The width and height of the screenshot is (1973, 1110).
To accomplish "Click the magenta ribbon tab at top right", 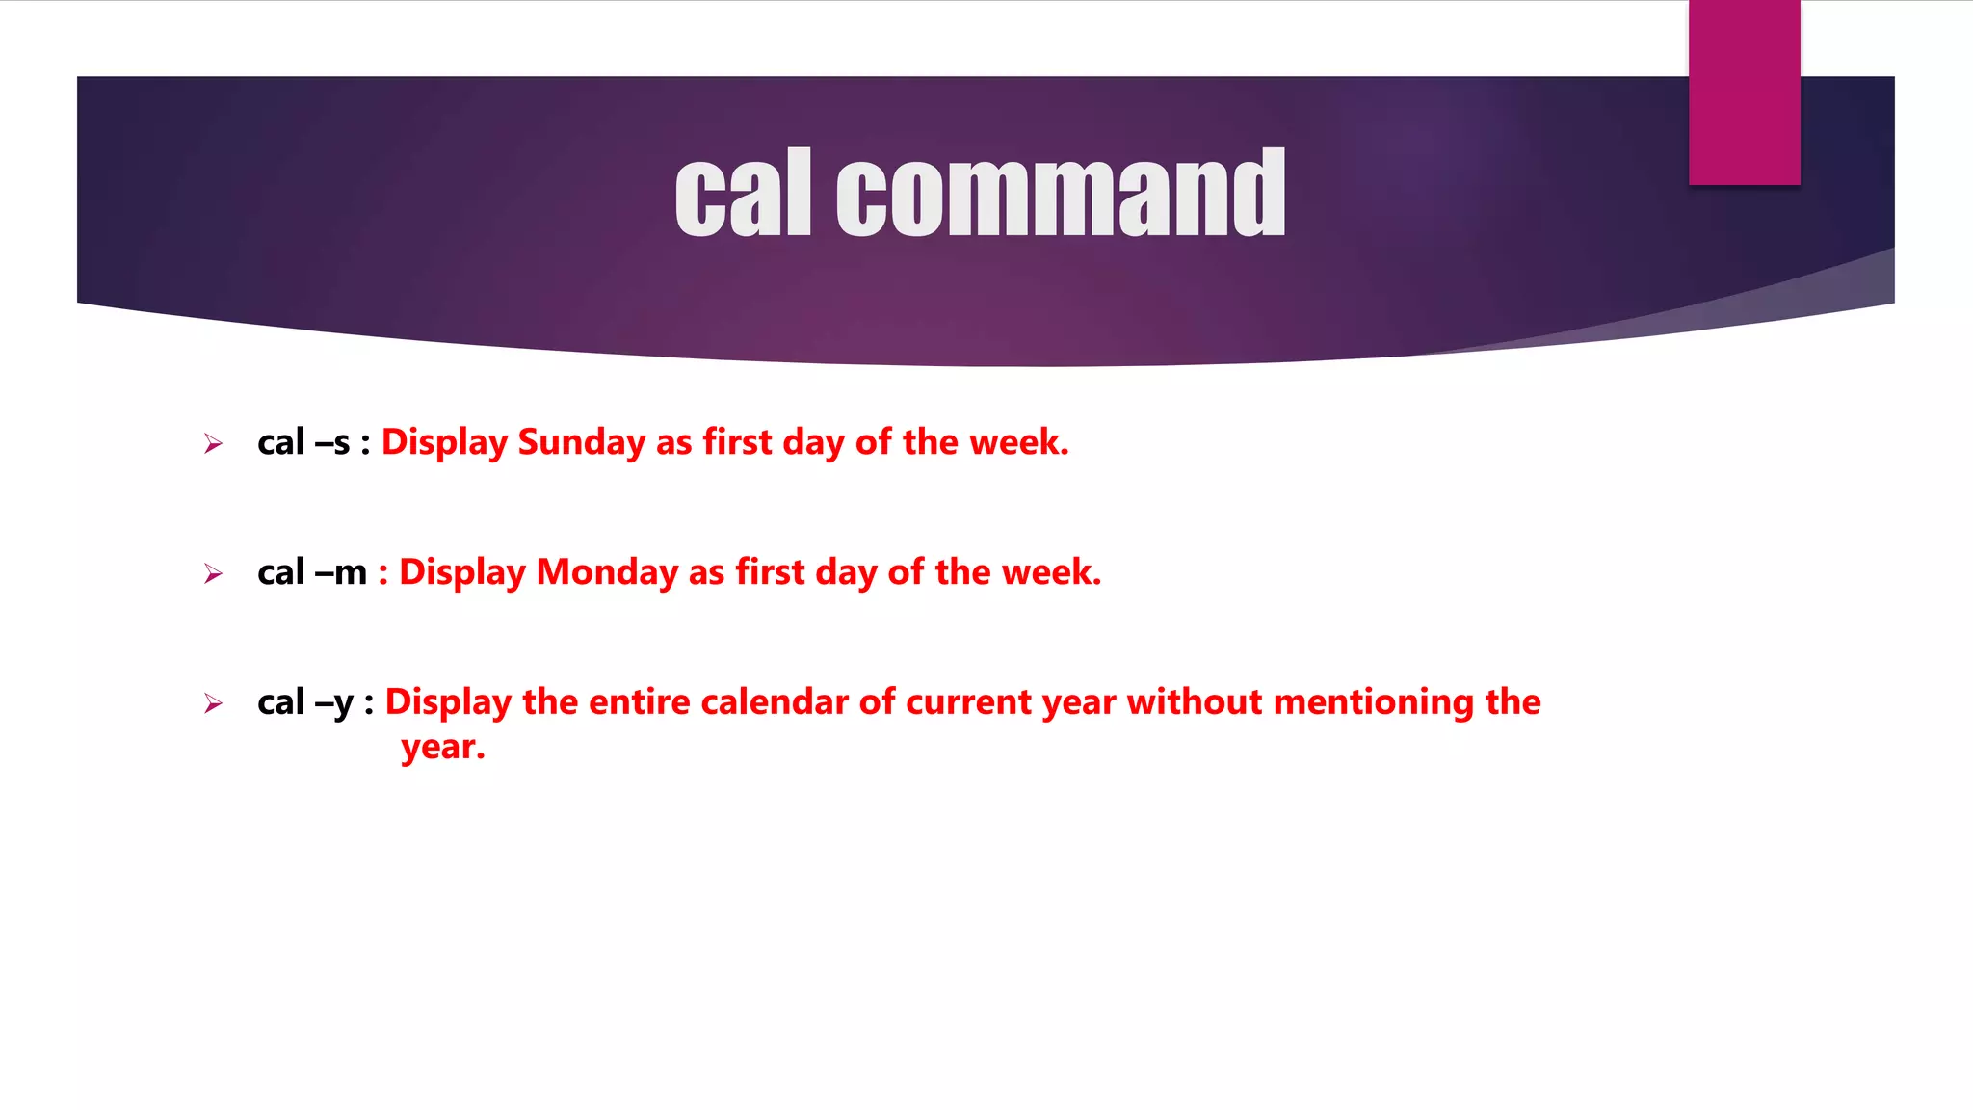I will point(1744,92).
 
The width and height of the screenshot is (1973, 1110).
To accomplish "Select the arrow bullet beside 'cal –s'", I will point(213,444).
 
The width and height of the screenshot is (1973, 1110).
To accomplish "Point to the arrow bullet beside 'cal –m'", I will point(213,574).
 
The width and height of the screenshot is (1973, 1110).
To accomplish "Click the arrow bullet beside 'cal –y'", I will point(213,704).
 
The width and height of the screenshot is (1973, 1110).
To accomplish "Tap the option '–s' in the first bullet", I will point(332,443).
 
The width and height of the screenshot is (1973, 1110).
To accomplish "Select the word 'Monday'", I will point(607,573).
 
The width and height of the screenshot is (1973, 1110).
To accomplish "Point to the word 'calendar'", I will point(775,702).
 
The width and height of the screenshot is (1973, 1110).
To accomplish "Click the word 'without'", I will point(1195,702).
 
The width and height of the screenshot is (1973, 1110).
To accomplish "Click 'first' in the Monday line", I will point(770,573).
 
